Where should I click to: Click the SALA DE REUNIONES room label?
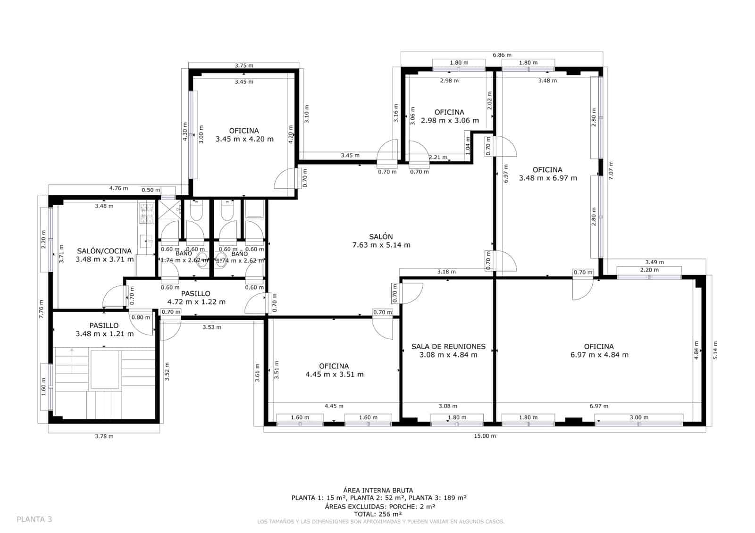(448, 350)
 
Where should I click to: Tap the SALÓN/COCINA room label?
(104, 255)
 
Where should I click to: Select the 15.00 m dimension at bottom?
(485, 436)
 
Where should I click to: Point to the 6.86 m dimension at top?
(502, 55)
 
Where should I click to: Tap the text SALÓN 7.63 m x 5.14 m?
(381, 241)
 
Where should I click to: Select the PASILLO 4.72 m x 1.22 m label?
(196, 298)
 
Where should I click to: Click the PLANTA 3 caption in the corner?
(34, 519)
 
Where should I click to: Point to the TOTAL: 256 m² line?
(377, 514)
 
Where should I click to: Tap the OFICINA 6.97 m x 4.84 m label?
(599, 350)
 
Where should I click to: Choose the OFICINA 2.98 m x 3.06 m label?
(449, 116)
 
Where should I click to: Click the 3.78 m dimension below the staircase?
(104, 436)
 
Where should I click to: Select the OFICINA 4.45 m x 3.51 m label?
(334, 370)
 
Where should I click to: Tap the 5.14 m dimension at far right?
(715, 350)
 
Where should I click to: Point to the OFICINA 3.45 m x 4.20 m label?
(244, 135)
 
